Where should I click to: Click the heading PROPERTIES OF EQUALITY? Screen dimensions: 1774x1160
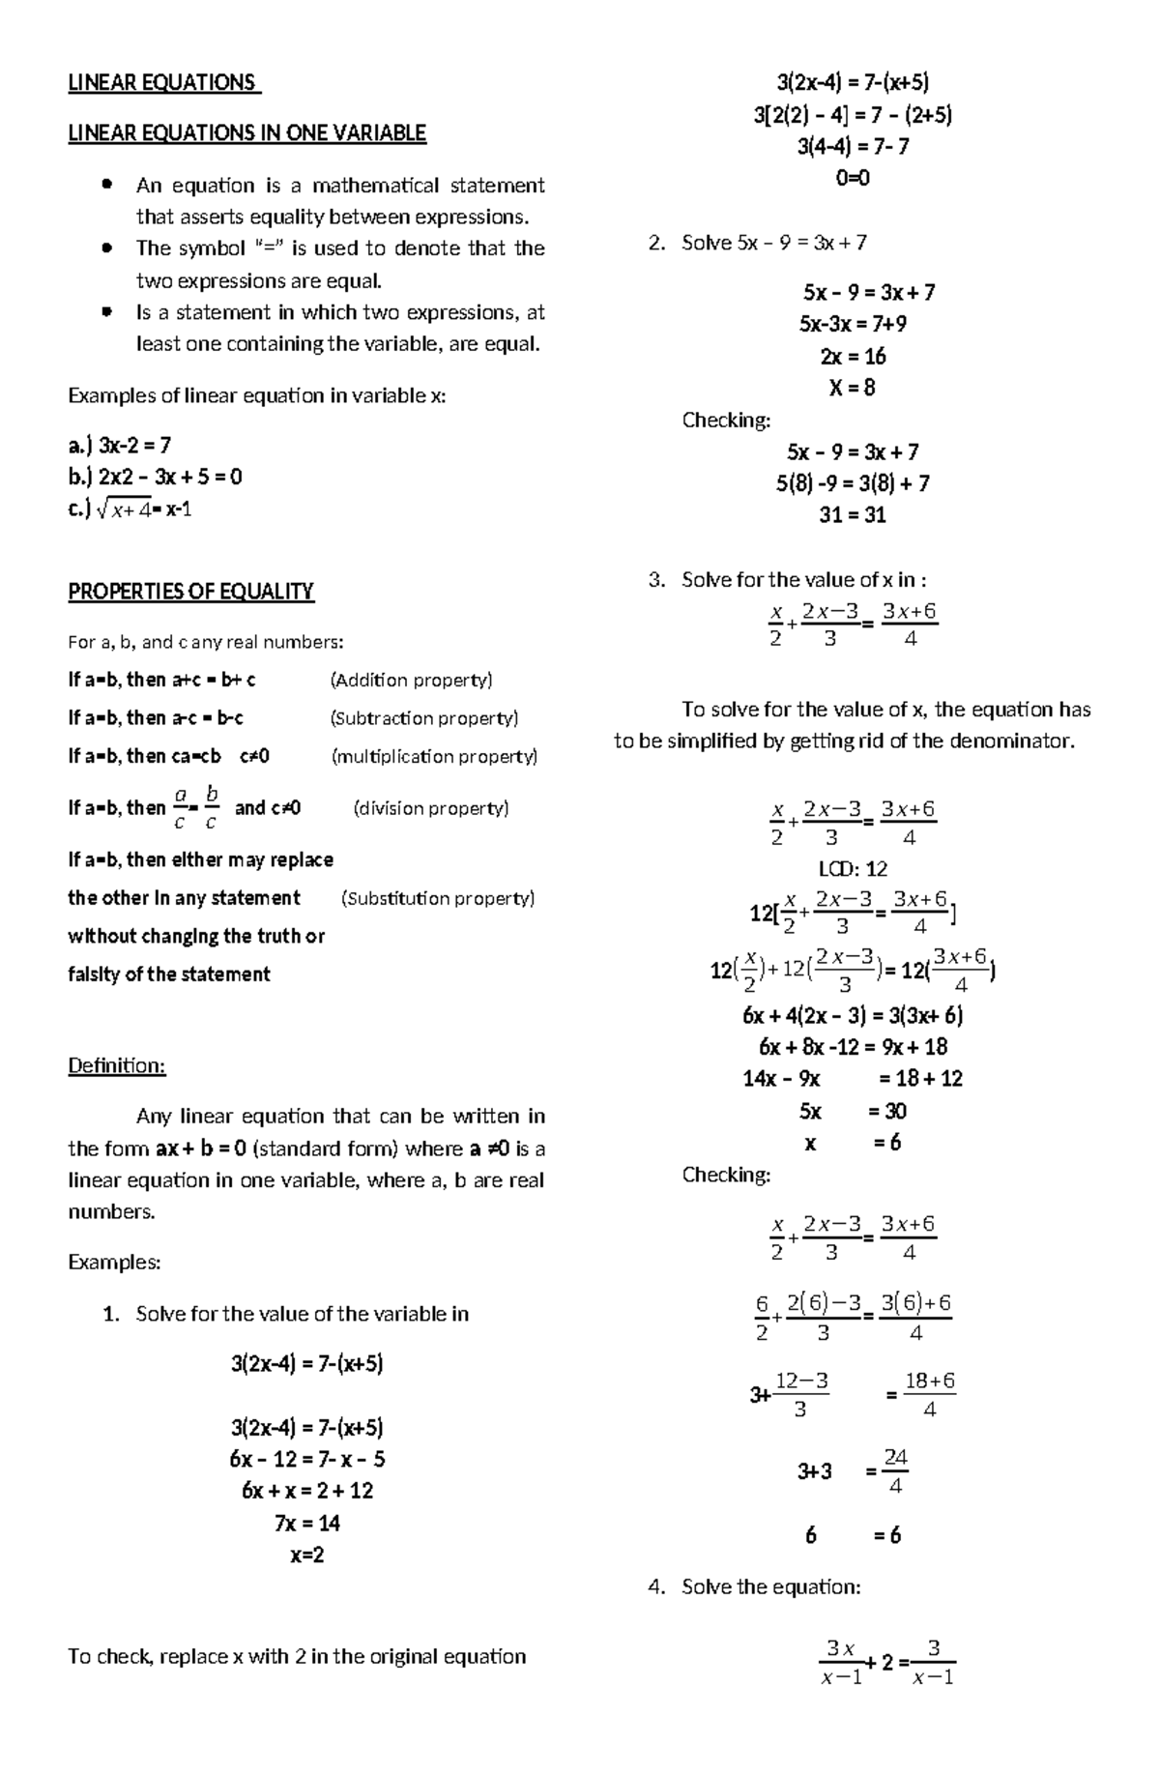point(190,591)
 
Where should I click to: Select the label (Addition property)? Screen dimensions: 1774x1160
point(411,680)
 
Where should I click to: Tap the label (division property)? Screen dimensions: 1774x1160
point(431,807)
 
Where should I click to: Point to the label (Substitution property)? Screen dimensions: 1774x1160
point(438,898)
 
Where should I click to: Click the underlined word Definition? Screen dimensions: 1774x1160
point(116,1065)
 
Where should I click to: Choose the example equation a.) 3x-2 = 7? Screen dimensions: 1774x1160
point(120,445)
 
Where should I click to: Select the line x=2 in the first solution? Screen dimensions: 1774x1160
point(306,1555)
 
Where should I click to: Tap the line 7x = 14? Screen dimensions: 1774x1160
point(306,1523)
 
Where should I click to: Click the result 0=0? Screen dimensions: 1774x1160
point(852,178)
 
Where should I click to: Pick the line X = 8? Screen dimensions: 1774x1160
point(852,388)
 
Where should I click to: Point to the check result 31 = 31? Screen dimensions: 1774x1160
point(852,514)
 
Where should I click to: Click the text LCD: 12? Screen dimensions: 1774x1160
point(852,868)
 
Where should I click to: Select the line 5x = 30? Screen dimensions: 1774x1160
point(852,1110)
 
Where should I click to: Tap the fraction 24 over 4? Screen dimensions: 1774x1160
point(895,1470)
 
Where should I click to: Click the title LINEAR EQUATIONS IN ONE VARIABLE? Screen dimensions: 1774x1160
point(246,133)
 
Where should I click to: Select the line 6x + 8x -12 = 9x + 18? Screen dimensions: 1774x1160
point(852,1047)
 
